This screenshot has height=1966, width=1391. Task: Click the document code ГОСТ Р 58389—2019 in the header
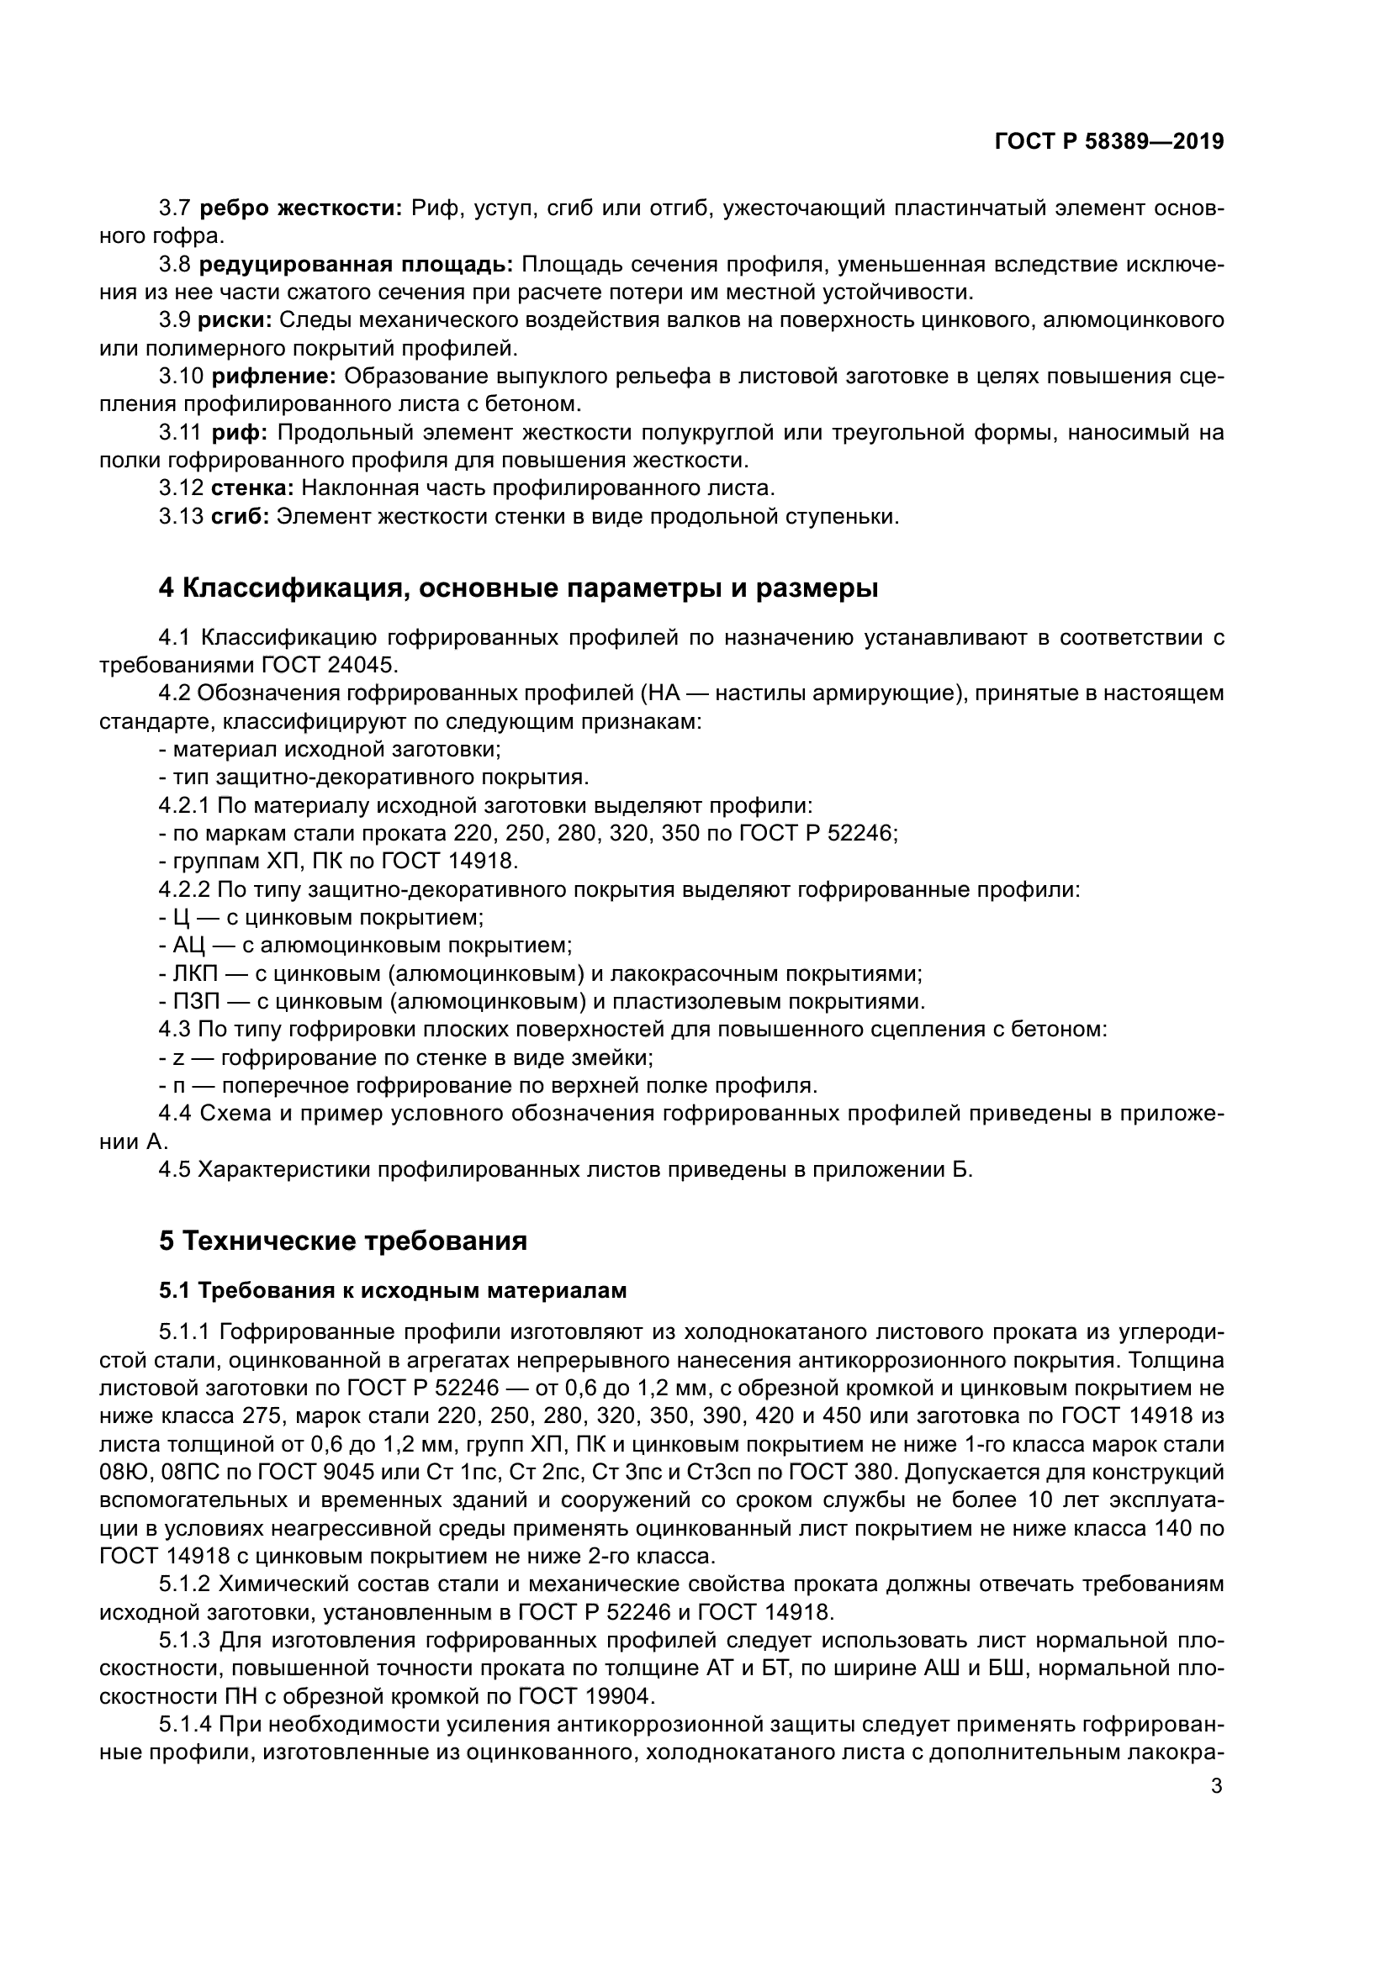(1108, 142)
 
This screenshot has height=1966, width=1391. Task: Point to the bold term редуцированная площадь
(356, 265)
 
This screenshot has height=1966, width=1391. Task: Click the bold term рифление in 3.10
(274, 377)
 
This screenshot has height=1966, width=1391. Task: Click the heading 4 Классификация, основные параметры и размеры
(518, 589)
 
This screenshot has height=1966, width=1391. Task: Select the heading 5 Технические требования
(342, 1241)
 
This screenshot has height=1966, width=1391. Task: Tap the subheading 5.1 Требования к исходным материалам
(392, 1290)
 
